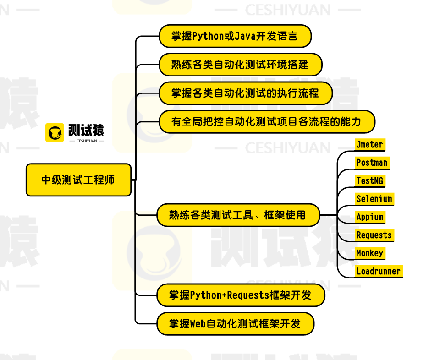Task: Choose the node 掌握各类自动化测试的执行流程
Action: (245, 93)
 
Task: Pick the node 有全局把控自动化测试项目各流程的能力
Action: (266, 122)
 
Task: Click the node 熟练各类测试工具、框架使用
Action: (237, 215)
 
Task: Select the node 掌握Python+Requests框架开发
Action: (240, 295)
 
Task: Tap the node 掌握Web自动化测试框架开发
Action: (235, 324)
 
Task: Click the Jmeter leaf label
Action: (369, 145)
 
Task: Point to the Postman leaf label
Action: (372, 163)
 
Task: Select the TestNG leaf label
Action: (369, 180)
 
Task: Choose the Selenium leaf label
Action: (374, 199)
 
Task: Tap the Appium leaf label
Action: (369, 217)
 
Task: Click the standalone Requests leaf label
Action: (374, 235)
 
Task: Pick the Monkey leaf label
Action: (369, 253)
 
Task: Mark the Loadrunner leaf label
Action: (379, 271)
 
